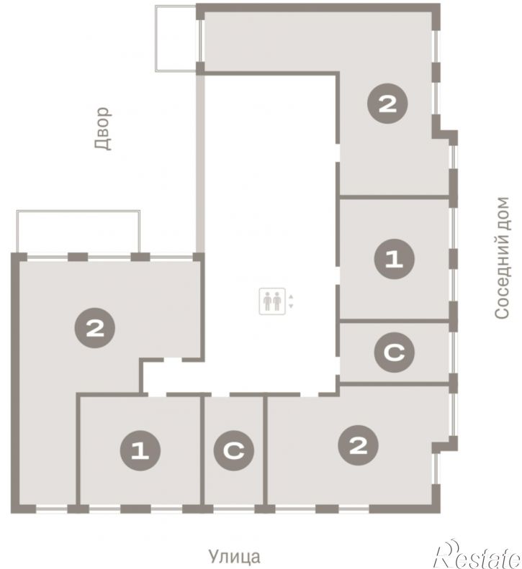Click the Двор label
[x=103, y=129]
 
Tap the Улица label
[x=234, y=556]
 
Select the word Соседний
[x=502, y=277]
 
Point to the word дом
[x=502, y=214]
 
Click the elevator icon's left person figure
[x=267, y=301]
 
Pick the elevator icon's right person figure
[x=277, y=301]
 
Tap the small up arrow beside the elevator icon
[x=291, y=297]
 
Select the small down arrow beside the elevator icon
[x=291, y=306]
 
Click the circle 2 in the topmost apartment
[x=387, y=104]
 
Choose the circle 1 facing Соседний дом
[x=394, y=259]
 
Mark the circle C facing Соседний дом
[x=394, y=352]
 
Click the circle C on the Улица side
[x=234, y=451]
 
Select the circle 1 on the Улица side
[x=140, y=451]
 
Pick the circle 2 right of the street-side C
[x=358, y=445]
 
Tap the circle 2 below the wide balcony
[x=95, y=328]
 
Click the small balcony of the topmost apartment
[x=176, y=38]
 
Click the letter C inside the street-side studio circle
[x=234, y=451]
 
